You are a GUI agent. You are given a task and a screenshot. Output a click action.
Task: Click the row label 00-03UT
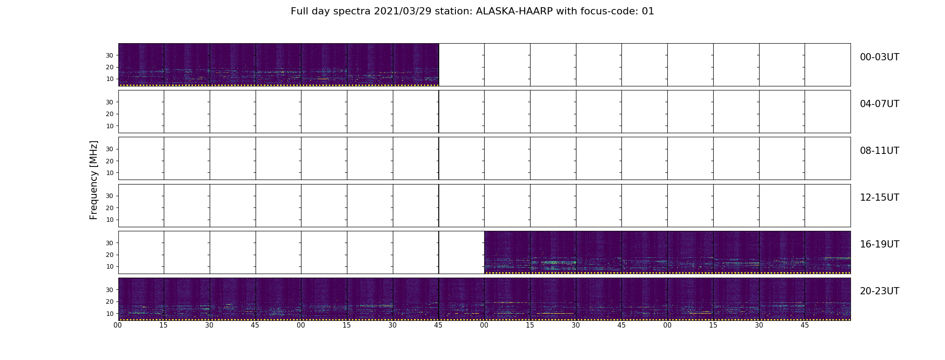coord(879,57)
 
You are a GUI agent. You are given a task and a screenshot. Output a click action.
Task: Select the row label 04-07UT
coord(879,104)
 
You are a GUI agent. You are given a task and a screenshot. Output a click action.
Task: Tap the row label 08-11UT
coord(879,151)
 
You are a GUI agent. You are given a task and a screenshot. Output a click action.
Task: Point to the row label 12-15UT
coord(879,198)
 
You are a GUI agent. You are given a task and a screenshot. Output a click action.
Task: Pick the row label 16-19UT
coord(879,244)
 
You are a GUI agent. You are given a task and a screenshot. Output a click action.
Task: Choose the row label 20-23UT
coord(879,291)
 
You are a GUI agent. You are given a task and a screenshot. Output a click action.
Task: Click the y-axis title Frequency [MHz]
coord(94,180)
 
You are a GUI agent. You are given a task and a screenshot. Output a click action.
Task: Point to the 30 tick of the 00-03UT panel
coord(109,55)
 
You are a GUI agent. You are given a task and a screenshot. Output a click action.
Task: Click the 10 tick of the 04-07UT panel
coord(109,126)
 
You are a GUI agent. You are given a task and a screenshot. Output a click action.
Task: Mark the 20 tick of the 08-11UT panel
coord(109,161)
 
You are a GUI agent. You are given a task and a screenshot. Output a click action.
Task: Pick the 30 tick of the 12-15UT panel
coord(109,196)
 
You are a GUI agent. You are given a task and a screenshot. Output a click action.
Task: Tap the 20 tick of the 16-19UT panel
coord(109,255)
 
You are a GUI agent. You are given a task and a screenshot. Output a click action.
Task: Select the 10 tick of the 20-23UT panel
coord(109,314)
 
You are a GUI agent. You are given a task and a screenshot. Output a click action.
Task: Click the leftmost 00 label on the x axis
coord(118,325)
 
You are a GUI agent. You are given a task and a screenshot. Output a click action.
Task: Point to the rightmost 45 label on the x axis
coord(805,325)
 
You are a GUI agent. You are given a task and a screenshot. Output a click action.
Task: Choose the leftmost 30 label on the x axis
coord(209,325)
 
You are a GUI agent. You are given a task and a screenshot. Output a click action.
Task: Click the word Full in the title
coord(299,11)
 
